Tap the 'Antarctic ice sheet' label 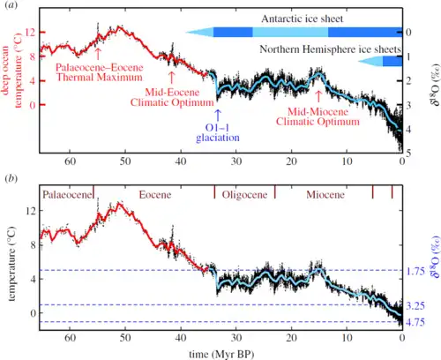(x=297, y=18)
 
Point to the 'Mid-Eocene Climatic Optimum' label (x=172, y=89)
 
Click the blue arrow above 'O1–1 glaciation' (x=218, y=111)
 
